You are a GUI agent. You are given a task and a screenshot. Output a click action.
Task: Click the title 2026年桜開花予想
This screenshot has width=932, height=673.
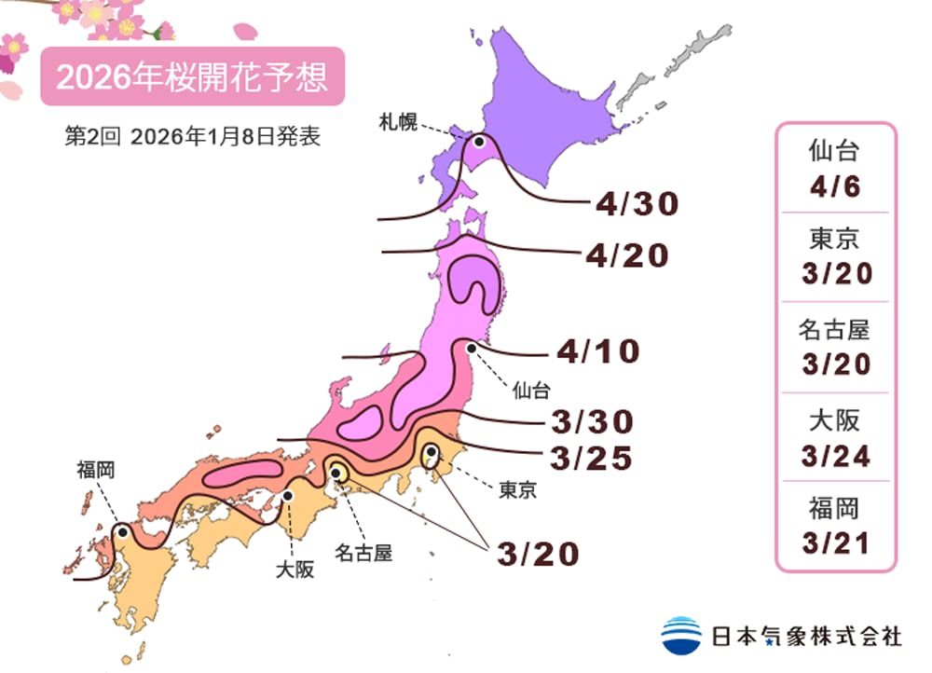tap(192, 76)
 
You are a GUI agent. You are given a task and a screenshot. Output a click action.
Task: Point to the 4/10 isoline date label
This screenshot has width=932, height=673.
tap(598, 351)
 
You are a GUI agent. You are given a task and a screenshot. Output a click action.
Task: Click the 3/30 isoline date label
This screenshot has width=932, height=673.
tap(591, 422)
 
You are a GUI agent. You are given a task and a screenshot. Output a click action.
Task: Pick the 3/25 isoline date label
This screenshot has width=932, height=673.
tap(591, 459)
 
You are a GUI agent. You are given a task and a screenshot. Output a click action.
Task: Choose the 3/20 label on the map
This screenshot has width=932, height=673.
tap(538, 553)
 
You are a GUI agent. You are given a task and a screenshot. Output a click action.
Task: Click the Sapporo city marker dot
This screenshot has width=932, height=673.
tap(479, 142)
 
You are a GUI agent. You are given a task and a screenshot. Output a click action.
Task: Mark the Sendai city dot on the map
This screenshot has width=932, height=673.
tap(472, 349)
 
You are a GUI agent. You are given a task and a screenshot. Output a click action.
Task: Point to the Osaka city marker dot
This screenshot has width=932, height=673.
tap(289, 496)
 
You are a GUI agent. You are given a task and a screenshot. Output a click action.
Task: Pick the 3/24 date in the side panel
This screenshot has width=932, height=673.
tap(835, 455)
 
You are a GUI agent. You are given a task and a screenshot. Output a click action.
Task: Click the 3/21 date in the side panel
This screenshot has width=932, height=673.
tap(835, 543)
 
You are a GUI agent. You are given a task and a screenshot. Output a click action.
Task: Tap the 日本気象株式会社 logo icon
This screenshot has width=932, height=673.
tap(681, 635)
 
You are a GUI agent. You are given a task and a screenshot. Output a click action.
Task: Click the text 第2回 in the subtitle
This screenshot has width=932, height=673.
tap(89, 136)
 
